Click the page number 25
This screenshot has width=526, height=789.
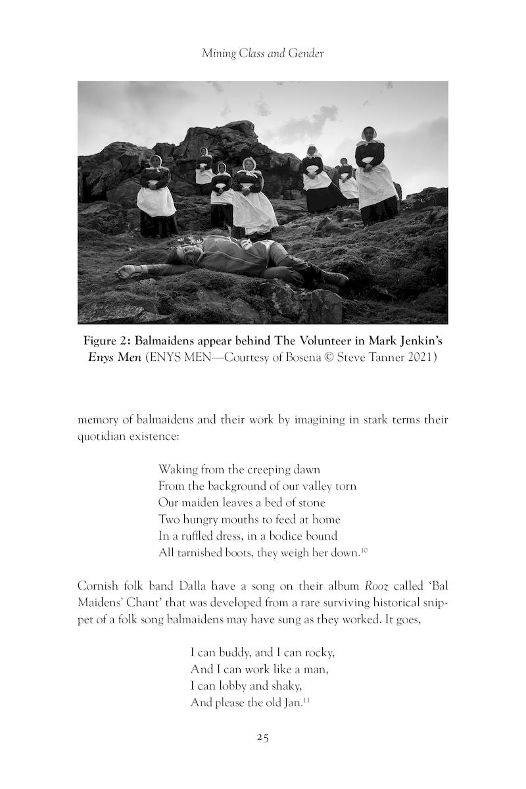[x=262, y=737]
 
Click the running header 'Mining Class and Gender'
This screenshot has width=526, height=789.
[x=262, y=54]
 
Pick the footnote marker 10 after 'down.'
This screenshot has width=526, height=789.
[x=364, y=550]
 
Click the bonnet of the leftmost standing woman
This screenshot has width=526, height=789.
[x=155, y=160]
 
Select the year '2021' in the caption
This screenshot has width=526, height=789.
[x=423, y=359]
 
